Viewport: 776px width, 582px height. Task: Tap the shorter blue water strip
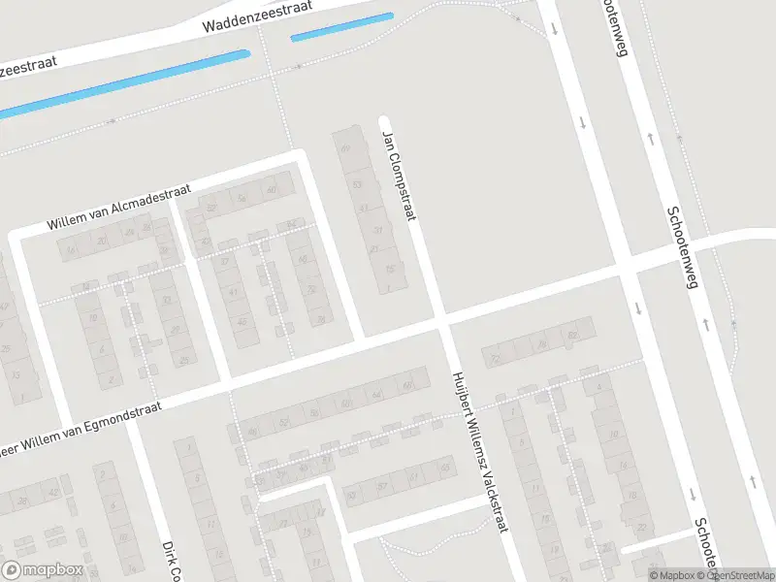tap(341, 26)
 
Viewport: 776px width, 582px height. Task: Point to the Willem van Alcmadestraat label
tap(120, 209)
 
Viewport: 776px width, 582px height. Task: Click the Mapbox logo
tap(43, 570)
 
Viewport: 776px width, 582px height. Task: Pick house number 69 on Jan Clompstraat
tap(346, 148)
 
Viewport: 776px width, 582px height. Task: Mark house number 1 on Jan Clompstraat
tap(389, 287)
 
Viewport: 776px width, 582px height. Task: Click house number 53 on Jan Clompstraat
tap(357, 183)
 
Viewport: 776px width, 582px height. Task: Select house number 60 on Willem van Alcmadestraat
tap(272, 190)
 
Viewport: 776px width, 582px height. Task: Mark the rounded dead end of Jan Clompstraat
tap(383, 120)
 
